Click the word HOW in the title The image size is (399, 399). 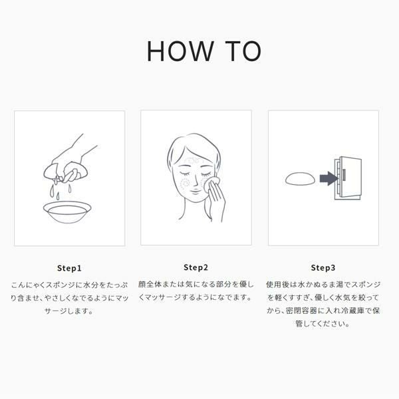180,51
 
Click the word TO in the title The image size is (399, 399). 243,51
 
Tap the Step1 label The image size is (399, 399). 69,268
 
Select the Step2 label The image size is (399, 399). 196,267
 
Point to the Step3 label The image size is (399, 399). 323,268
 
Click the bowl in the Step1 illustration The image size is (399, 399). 67,211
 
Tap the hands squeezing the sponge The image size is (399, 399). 66,163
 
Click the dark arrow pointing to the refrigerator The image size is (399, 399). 329,178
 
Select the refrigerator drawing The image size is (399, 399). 348,178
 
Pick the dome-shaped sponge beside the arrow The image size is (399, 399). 300,179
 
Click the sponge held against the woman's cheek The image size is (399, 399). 210,184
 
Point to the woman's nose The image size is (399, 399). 195,180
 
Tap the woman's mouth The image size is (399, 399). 194,191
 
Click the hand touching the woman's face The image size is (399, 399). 216,201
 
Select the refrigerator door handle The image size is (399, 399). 344,174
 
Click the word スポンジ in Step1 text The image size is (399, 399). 60,285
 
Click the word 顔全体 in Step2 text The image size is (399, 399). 150,284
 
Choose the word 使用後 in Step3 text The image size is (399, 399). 277,285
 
